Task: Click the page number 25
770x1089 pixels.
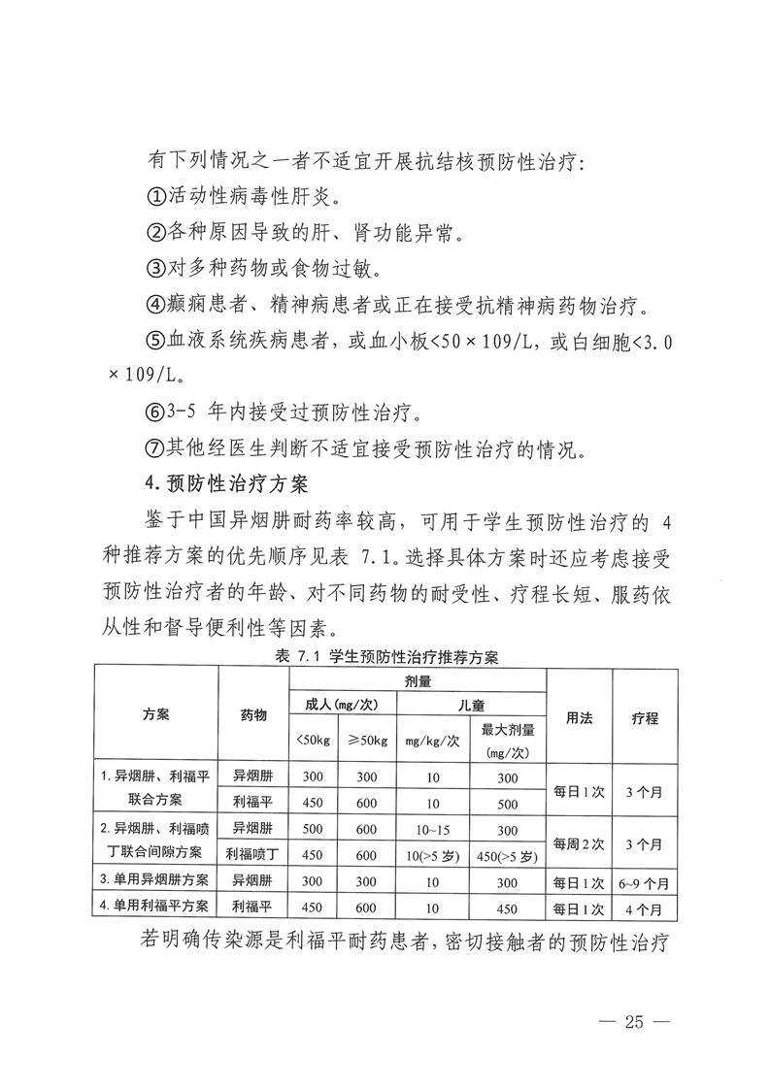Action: click(635, 1021)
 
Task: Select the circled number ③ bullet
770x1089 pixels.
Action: click(155, 267)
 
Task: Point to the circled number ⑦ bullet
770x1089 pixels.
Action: click(155, 448)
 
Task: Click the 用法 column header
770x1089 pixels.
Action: click(580, 718)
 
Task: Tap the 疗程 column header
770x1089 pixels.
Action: click(645, 718)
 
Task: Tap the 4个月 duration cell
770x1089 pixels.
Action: click(645, 909)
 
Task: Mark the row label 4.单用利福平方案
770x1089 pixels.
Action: click(155, 909)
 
